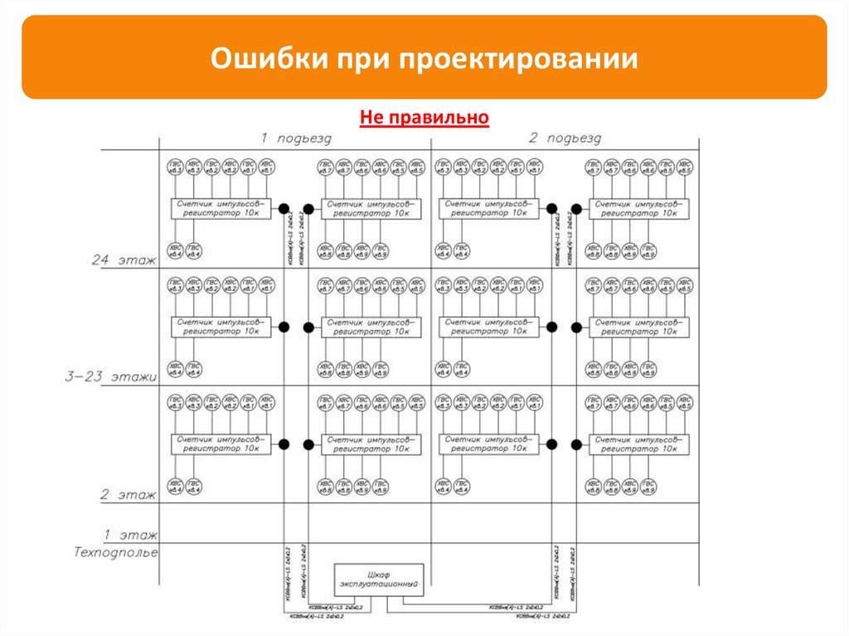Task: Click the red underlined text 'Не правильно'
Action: coord(424,118)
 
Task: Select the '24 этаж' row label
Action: coord(124,260)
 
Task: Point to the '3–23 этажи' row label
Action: coord(112,377)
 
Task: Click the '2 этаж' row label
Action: coord(129,495)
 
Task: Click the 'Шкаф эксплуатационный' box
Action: coord(379,578)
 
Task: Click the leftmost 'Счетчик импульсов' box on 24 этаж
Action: coord(221,208)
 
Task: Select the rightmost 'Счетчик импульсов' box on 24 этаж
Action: coord(638,208)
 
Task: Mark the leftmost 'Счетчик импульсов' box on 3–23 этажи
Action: coord(221,326)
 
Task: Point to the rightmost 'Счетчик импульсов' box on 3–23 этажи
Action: coord(638,326)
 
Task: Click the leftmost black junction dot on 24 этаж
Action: coord(284,209)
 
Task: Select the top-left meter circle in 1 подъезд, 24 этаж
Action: coord(175,167)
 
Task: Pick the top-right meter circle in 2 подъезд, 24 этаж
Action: coord(685,167)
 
